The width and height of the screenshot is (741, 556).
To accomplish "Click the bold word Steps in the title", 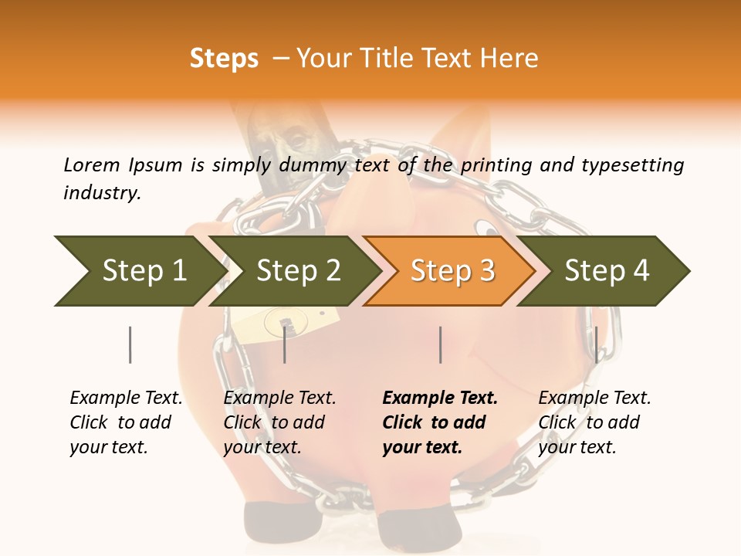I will (224, 59).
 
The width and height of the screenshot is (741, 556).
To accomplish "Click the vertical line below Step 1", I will (130, 344).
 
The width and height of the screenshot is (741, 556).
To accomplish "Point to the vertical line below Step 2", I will (285, 344).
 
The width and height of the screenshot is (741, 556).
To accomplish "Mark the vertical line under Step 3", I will (440, 344).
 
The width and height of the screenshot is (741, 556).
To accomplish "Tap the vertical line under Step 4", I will (596, 344).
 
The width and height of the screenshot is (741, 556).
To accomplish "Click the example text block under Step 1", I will (126, 422).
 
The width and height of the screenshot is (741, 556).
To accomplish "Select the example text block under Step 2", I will (279, 422).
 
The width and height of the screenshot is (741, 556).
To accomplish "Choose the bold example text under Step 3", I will (440, 422).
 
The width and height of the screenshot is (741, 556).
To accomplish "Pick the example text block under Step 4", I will (594, 422).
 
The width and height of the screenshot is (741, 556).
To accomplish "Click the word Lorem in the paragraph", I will (92, 164).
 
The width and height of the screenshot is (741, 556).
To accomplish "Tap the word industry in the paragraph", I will (101, 192).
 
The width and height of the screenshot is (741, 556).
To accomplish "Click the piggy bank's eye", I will (484, 227).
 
